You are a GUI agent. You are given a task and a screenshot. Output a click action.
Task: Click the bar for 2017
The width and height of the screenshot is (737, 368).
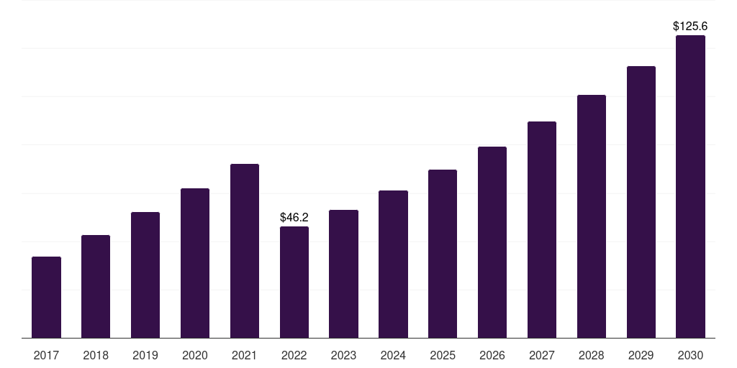[46, 297]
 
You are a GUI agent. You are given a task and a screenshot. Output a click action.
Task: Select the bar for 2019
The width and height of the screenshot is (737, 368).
[145, 275]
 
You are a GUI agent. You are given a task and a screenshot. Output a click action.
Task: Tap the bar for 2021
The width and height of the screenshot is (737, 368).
[245, 251]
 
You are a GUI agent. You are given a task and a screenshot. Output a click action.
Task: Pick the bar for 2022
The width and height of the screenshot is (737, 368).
[294, 282]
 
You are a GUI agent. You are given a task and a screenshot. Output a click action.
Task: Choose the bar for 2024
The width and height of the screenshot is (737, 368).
[393, 264]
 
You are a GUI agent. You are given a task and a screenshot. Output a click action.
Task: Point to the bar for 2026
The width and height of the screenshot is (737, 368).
[492, 242]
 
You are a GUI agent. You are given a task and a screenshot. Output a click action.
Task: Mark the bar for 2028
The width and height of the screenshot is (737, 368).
[592, 216]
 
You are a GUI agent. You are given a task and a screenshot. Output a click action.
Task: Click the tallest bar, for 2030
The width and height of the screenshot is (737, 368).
[690, 186]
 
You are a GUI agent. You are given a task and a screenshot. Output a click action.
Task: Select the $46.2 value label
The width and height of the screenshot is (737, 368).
[294, 217]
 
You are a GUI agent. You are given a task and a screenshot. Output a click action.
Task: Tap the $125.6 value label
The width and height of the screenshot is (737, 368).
[690, 26]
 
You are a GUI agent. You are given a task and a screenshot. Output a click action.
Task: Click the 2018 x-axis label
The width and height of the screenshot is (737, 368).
[96, 355]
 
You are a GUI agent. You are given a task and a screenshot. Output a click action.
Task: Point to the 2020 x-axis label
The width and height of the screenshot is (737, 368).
[195, 355]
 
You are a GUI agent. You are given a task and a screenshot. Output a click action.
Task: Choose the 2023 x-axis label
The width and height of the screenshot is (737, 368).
[343, 355]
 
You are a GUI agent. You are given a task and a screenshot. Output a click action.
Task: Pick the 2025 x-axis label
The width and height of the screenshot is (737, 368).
[443, 355]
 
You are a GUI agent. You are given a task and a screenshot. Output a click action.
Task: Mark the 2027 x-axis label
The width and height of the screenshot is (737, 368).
[542, 355]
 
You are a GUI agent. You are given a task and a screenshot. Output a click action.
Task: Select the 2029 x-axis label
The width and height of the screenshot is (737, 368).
[641, 355]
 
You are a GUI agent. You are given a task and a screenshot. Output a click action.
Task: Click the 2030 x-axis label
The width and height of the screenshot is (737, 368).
[690, 355]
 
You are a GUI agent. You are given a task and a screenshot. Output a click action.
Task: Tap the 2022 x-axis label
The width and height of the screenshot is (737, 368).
[294, 355]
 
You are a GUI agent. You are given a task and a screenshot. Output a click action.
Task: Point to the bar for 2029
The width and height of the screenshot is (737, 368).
[641, 202]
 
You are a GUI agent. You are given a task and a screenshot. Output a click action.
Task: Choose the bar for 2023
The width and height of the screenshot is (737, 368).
[343, 274]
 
